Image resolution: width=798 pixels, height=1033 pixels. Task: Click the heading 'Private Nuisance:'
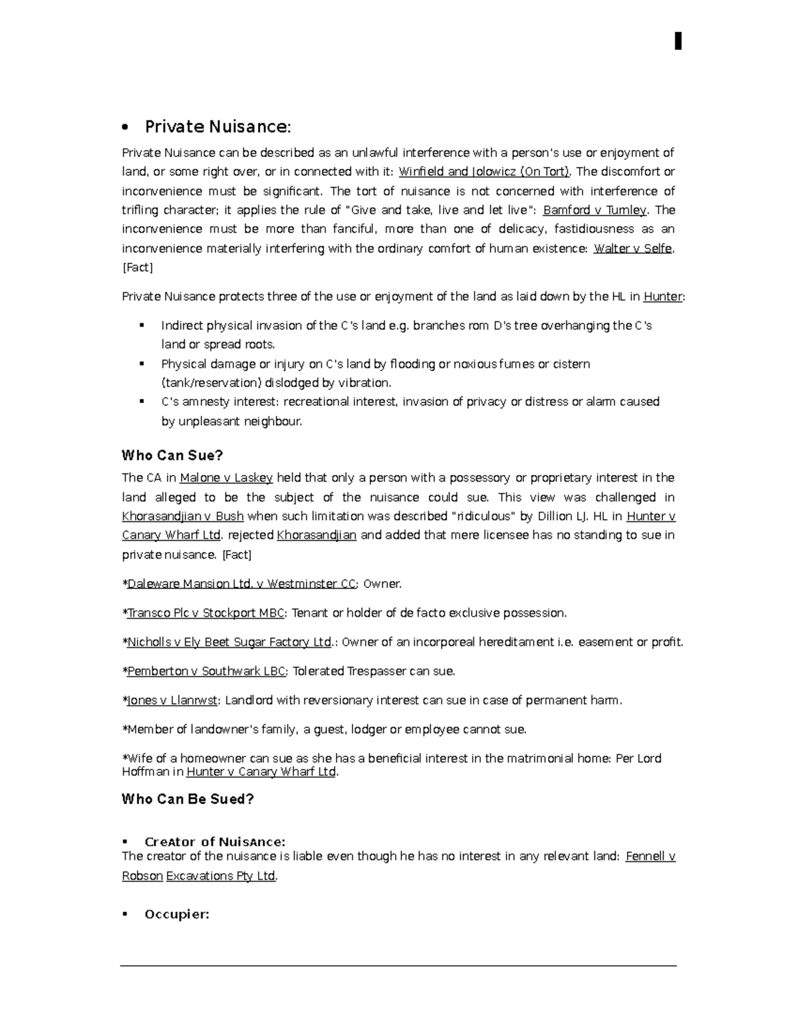pyautogui.click(x=217, y=126)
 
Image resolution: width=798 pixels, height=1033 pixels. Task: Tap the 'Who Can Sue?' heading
pyautogui.click(x=172, y=456)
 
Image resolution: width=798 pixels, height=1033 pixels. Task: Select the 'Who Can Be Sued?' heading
pyautogui.click(x=188, y=799)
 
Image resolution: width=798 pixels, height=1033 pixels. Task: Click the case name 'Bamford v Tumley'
pyautogui.click(x=595, y=210)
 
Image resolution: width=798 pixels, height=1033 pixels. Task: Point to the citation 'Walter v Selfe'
pyautogui.click(x=633, y=249)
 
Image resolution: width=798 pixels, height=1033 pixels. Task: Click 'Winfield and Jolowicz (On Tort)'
pyautogui.click(x=483, y=172)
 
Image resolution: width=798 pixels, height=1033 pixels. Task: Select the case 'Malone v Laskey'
pyautogui.click(x=226, y=478)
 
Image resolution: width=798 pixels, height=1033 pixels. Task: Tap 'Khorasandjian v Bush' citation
pyautogui.click(x=183, y=516)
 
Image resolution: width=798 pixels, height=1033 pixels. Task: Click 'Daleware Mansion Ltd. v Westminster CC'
pyautogui.click(x=241, y=584)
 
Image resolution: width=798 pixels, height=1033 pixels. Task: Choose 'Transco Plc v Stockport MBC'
pyautogui.click(x=205, y=613)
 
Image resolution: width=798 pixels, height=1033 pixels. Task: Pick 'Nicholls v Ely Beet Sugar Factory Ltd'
pyautogui.click(x=229, y=643)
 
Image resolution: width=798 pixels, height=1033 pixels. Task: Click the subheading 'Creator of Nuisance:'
pyautogui.click(x=215, y=842)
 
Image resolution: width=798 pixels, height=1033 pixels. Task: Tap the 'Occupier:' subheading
pyautogui.click(x=177, y=915)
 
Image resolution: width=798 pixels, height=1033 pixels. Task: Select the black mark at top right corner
pyautogui.click(x=678, y=41)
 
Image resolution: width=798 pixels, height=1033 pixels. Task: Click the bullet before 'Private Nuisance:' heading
pyautogui.click(x=126, y=128)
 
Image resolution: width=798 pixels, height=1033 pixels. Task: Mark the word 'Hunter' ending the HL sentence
pyautogui.click(x=663, y=297)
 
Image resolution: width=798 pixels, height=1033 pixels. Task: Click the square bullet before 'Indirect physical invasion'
pyautogui.click(x=142, y=325)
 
